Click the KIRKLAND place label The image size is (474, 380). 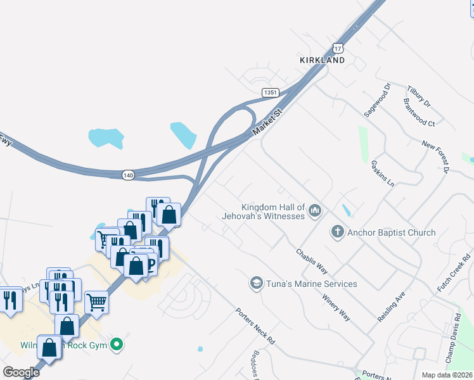pos(322,60)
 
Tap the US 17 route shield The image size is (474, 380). pos(338,48)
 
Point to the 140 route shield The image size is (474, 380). pos(129,175)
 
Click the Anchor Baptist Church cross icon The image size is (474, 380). pos(337,232)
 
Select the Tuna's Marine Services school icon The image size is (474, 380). pos(257,282)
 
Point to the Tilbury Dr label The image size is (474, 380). pos(419,96)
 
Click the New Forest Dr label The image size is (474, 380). pos(435,157)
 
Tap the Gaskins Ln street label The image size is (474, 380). pos(383,173)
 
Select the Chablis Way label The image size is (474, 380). pos(312,260)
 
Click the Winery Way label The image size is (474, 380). pos(336,307)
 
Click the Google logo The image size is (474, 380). pos(21,372)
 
